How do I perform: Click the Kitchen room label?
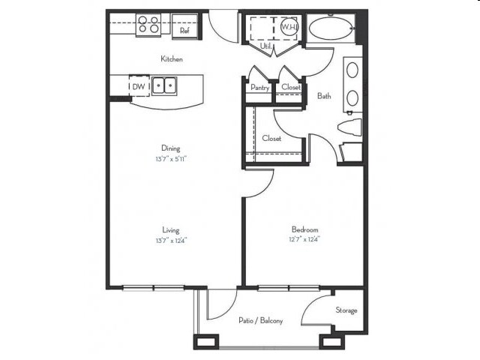[x=172, y=58]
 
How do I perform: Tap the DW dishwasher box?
[x=139, y=86]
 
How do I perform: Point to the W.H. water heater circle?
[x=289, y=27]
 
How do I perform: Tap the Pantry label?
[x=259, y=88]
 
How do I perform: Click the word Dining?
[x=172, y=148]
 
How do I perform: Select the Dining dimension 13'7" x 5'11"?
[x=172, y=159]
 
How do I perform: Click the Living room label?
[x=172, y=230]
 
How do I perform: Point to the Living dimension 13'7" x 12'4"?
[x=172, y=241]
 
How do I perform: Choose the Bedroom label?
[x=305, y=229]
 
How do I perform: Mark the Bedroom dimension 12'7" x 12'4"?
[x=305, y=240]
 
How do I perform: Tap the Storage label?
[x=346, y=310]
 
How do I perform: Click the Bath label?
[x=324, y=96]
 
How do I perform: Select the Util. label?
[x=265, y=46]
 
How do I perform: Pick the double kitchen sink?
[x=164, y=86]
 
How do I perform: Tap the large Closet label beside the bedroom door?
[x=271, y=139]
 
